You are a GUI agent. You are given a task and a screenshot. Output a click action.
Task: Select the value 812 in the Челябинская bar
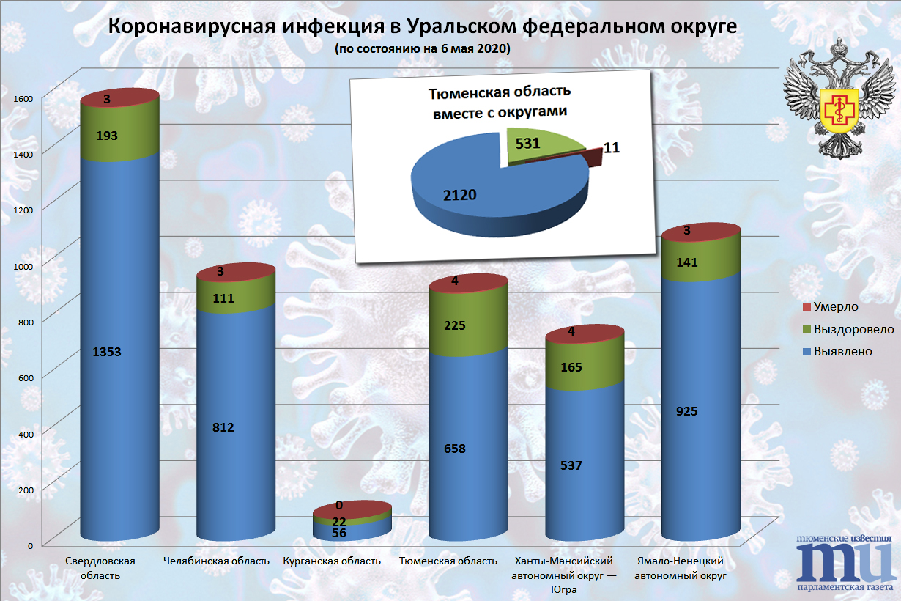click(x=223, y=427)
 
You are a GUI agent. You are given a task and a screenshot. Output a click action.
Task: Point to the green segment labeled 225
click(x=454, y=325)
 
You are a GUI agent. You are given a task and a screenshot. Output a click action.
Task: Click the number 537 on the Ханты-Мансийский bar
click(x=571, y=465)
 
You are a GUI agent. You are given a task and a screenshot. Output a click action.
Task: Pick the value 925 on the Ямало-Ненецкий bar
click(x=686, y=411)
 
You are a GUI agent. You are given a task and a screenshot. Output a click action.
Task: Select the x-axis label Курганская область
click(x=332, y=561)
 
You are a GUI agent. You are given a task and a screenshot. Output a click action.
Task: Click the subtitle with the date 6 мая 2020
click(x=422, y=49)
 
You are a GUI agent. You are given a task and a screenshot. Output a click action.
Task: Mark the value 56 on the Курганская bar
click(x=338, y=533)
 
